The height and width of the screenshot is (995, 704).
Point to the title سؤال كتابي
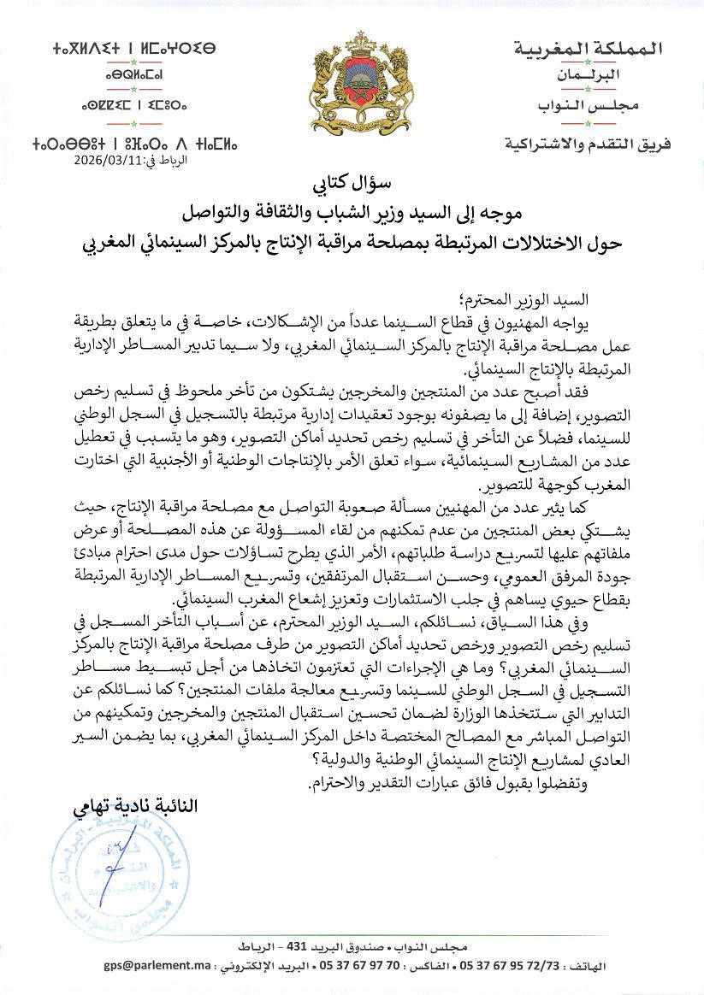tap(351, 183)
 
